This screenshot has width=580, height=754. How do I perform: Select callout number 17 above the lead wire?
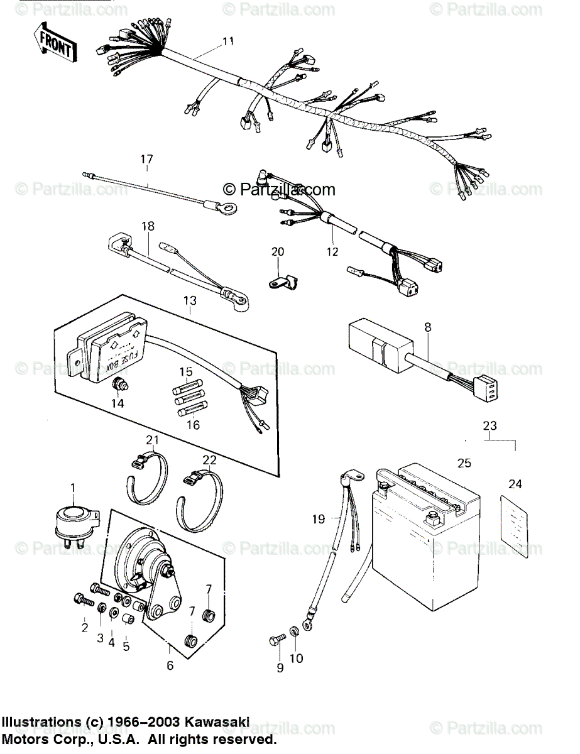[146, 159]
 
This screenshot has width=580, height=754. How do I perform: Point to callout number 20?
[278, 252]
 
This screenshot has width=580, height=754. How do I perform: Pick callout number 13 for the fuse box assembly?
[190, 301]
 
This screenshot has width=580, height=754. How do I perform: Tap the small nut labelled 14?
[118, 385]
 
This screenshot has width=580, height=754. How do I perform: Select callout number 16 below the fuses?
[193, 425]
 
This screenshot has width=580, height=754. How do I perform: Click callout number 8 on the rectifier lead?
[428, 327]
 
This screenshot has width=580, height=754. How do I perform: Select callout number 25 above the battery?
[464, 464]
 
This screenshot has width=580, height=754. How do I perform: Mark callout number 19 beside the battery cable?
[319, 519]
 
